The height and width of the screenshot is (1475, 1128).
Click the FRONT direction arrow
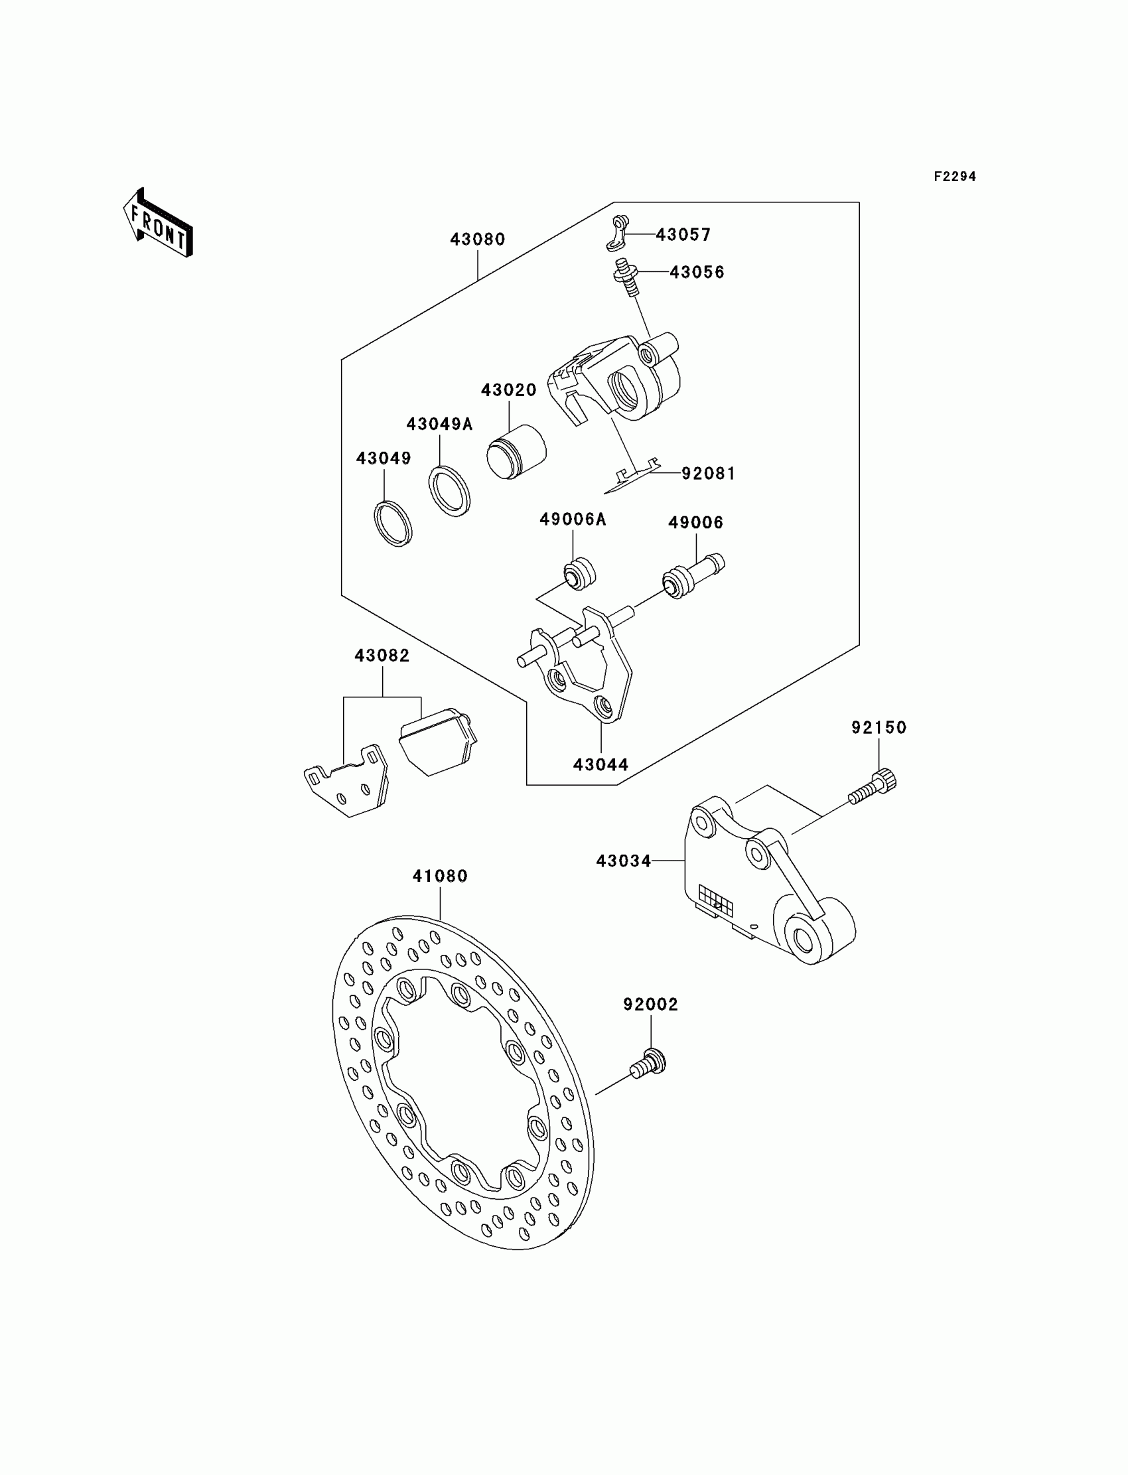159,223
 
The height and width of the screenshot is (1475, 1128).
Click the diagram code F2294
954,176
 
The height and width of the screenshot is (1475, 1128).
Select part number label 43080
477,239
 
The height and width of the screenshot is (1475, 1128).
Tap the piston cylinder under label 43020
516,452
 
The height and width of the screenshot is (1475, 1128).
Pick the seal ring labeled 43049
393,523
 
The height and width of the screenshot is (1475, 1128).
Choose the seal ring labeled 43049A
450,492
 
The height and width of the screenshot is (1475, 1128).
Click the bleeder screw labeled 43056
625,277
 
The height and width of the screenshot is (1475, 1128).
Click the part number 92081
709,473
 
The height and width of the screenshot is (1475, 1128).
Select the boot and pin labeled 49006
691,575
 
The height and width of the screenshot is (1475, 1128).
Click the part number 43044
600,764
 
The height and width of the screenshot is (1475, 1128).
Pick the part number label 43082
382,656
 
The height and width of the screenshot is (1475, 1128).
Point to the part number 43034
623,861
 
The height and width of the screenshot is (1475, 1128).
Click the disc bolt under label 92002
648,1065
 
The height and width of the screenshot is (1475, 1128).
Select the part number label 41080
440,876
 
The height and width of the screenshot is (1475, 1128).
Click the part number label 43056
697,272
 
